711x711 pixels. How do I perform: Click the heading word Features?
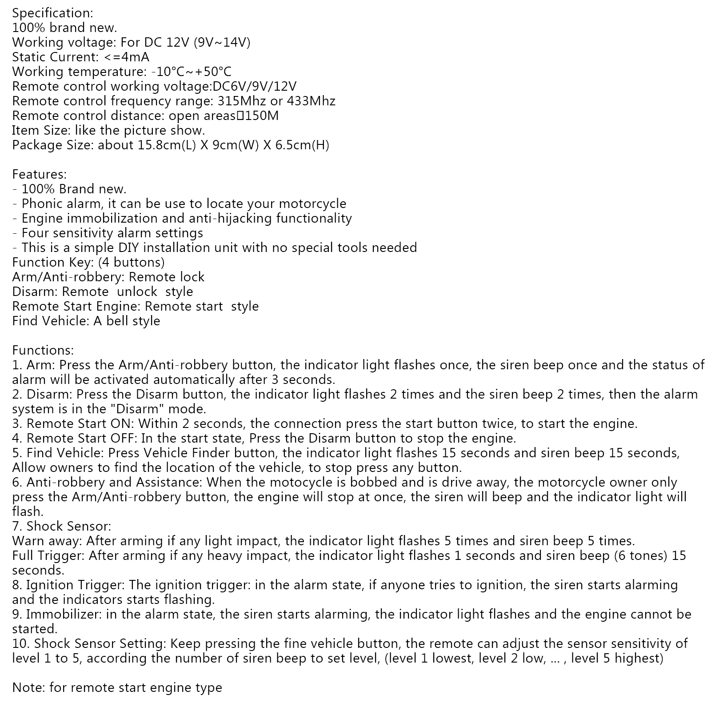point(39,175)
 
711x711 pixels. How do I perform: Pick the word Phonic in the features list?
point(41,204)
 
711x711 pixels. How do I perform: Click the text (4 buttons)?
point(132,263)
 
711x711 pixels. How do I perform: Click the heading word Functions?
point(43,351)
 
